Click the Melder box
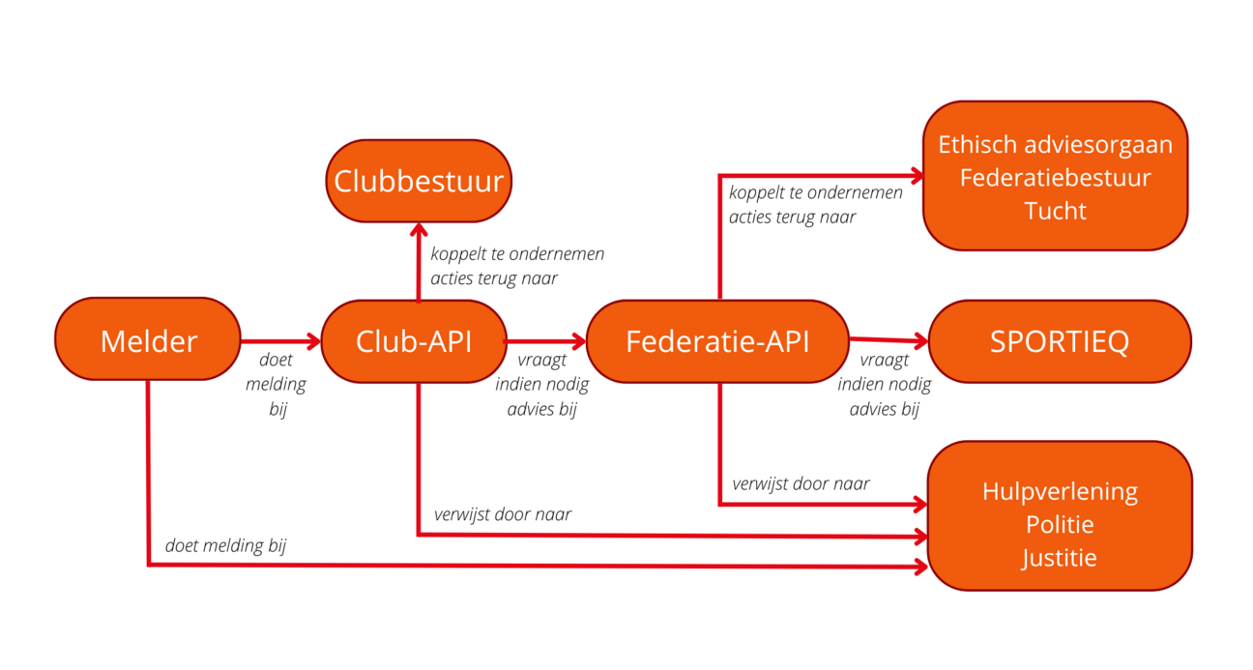148,340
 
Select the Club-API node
414,341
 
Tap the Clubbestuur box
419,181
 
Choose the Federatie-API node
717,341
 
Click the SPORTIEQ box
1060,342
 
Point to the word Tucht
1055,211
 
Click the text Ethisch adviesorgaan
1055,145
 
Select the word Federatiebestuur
1055,178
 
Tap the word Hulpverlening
1060,491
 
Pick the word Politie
1060,524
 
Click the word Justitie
1060,558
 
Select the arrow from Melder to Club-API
280,340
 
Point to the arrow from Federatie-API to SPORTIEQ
888,339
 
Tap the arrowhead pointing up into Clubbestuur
418,232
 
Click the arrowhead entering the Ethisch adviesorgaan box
914,175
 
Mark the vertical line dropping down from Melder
148,474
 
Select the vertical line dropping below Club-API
418,459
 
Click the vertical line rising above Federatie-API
718,237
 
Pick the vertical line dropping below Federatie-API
718,445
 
